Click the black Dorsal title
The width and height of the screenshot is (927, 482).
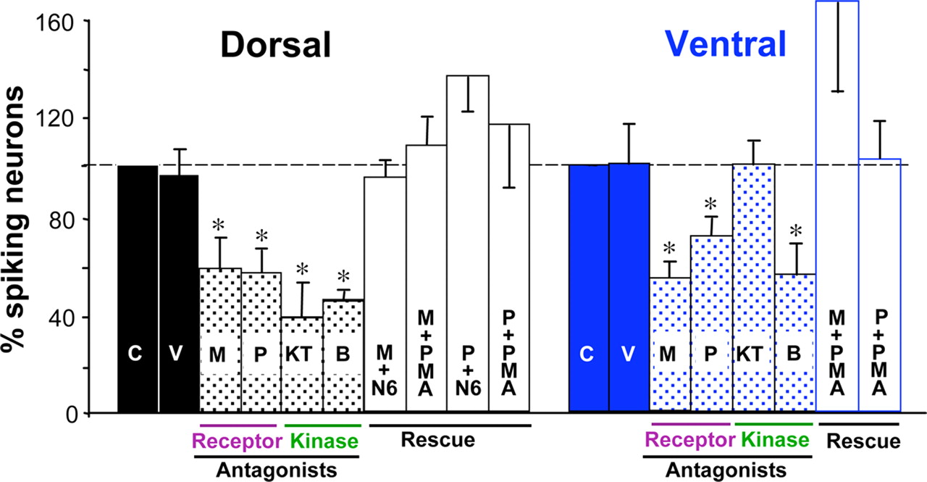click(x=276, y=46)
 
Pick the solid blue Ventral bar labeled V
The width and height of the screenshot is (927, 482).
click(x=629, y=290)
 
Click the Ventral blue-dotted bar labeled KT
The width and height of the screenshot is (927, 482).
click(x=754, y=290)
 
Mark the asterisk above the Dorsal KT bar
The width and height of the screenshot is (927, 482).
click(x=301, y=268)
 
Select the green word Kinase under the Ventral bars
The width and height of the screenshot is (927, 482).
click(x=773, y=440)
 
